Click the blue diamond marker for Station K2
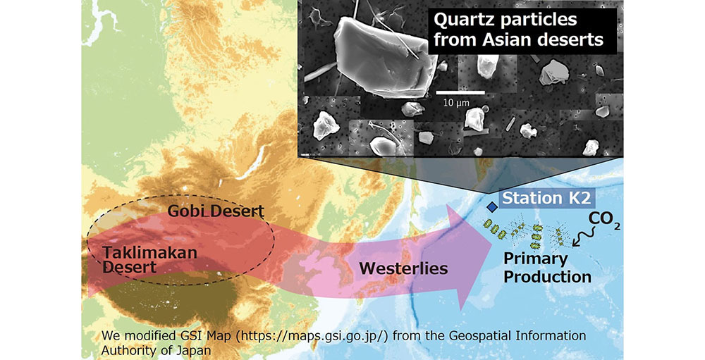coord(493,206)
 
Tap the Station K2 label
coord(546,198)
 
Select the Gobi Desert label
coord(216,211)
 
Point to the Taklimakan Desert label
coord(150,260)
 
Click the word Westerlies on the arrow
coord(403,268)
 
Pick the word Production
coord(547,277)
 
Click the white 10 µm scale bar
coord(460,92)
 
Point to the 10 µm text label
coord(456,103)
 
